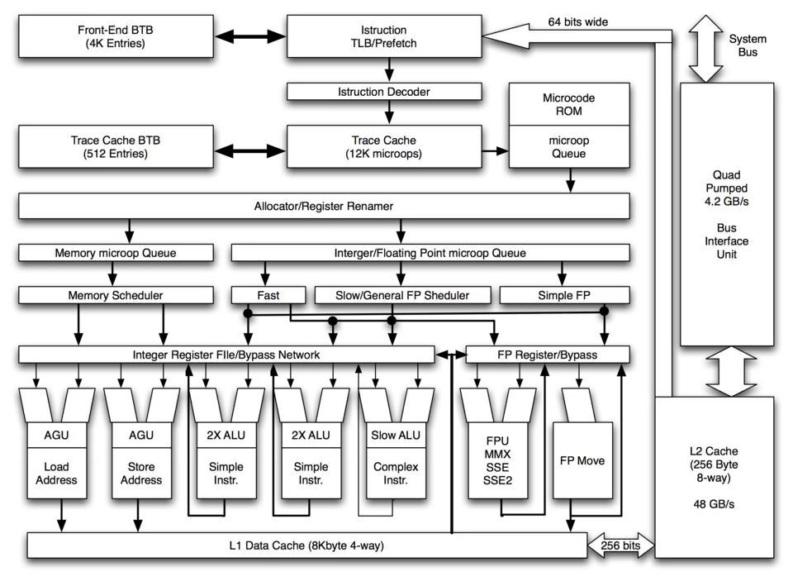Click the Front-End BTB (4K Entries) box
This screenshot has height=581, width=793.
click(x=116, y=37)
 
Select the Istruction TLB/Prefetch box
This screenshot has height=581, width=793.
click(x=383, y=37)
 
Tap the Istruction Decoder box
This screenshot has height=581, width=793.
click(x=383, y=92)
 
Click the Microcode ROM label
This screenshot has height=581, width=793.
click(x=568, y=104)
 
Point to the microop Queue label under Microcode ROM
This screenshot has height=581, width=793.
click(x=568, y=147)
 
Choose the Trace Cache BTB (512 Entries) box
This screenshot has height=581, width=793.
click(x=116, y=147)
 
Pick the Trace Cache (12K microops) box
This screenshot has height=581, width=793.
click(x=383, y=147)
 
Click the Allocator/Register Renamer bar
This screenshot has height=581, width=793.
click(x=323, y=206)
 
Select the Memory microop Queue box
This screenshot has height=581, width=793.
click(x=116, y=253)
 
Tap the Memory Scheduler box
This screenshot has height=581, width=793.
click(x=116, y=295)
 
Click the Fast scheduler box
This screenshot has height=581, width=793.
click(x=268, y=295)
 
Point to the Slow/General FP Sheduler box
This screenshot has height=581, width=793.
click(x=402, y=295)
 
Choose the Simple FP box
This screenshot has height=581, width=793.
click(x=564, y=295)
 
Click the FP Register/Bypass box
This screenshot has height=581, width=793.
click(x=547, y=355)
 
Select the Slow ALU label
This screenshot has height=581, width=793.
click(x=396, y=436)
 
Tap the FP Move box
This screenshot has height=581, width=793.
click(x=582, y=460)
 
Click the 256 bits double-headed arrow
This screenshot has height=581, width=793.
click(x=620, y=545)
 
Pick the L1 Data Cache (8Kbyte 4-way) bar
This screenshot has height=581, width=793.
click(x=306, y=545)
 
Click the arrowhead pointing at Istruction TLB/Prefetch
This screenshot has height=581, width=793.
click(x=506, y=36)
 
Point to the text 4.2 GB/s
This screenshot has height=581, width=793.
click(x=726, y=202)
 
